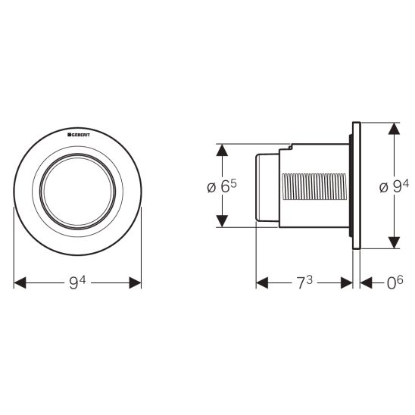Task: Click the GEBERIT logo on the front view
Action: [79, 135]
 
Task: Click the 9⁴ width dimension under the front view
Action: [77, 282]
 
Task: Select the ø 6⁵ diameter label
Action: [222, 186]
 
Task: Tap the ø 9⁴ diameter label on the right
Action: [394, 186]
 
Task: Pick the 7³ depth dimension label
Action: [304, 282]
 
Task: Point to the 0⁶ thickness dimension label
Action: [395, 282]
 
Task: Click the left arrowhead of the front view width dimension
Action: [20, 282]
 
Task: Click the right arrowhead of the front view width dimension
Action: [135, 282]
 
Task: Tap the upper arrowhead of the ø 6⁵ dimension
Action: [222, 150]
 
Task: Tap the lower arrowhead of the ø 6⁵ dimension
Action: [222, 221]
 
